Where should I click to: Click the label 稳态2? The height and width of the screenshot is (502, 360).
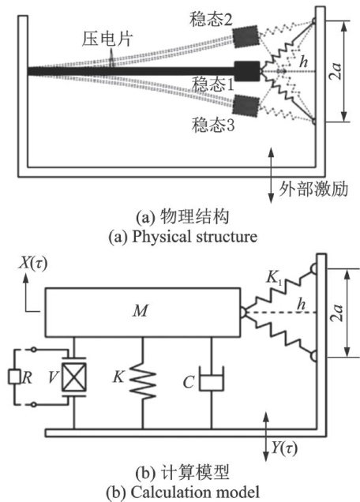211,19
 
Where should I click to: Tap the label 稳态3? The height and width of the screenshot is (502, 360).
213,125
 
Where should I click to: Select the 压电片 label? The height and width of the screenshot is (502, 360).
107,39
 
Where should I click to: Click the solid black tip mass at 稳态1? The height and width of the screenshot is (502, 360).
247,71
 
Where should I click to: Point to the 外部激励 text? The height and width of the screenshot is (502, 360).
313,189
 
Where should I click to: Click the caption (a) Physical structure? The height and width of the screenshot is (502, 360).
183,237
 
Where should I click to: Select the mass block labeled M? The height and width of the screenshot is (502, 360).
143,313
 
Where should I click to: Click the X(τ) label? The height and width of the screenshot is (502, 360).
32,264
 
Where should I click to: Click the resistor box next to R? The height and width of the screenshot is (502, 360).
14,376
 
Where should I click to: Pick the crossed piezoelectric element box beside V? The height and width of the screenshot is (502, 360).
74,377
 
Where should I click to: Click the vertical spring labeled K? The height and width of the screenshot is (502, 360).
143,380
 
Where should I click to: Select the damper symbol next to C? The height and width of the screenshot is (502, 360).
212,379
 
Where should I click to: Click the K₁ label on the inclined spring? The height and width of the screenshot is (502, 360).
275,278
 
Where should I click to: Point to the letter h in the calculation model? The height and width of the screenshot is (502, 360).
301,304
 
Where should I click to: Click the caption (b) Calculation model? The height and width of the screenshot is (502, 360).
183,493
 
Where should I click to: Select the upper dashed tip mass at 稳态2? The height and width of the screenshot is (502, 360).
246,36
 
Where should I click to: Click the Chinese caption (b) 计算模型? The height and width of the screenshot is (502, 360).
183,473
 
